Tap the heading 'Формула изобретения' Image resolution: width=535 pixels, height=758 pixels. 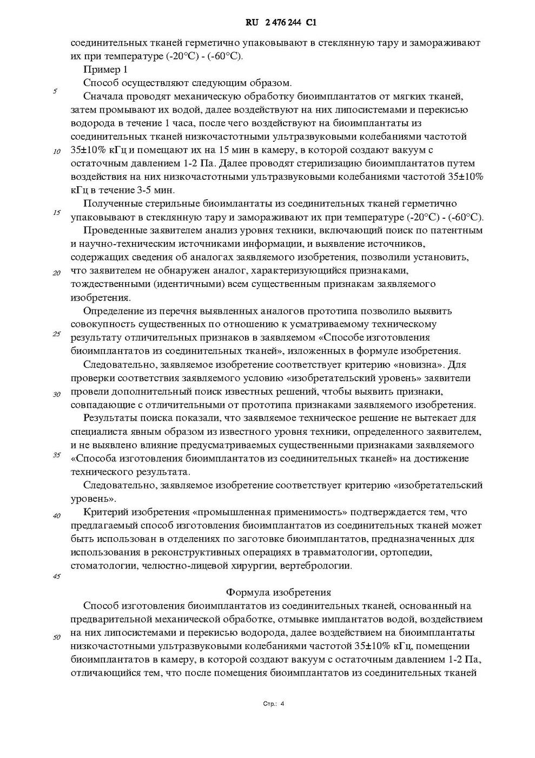(x=278, y=592)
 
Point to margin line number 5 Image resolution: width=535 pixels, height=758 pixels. (x=55, y=91)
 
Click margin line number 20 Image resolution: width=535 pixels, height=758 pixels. (x=56, y=273)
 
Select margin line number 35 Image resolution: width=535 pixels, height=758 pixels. (x=56, y=455)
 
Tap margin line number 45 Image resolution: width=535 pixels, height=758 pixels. (x=56, y=576)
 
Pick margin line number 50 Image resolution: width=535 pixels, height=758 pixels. (x=56, y=637)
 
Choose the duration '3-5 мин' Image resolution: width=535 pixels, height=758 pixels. (x=156, y=190)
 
